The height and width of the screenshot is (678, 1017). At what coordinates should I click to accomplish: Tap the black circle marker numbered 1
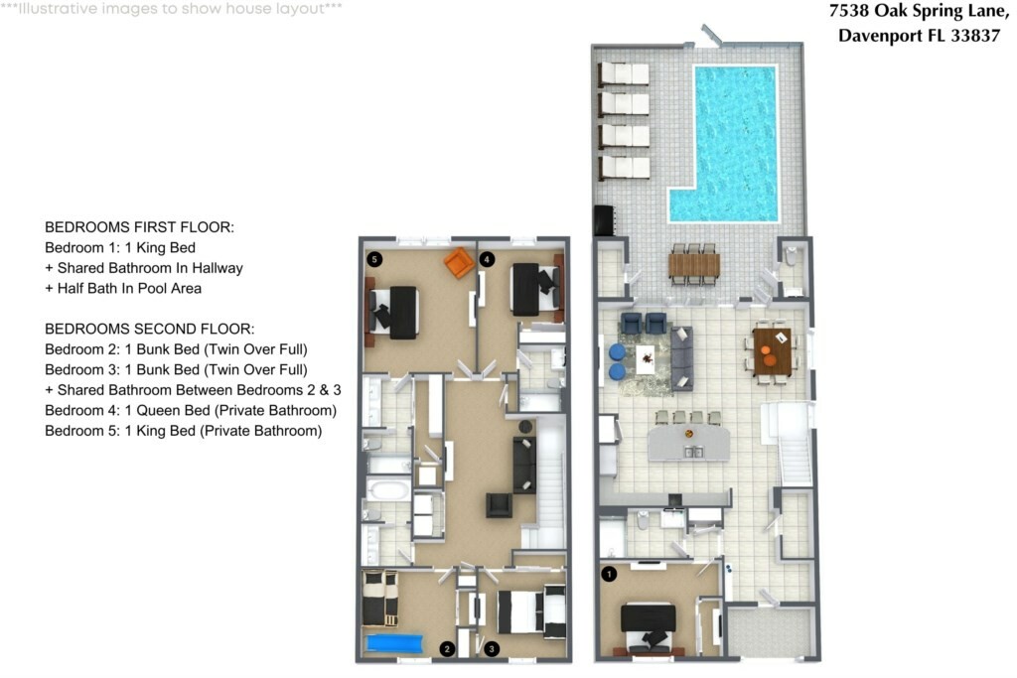(x=609, y=574)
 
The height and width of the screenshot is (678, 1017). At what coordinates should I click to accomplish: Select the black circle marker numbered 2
(x=446, y=649)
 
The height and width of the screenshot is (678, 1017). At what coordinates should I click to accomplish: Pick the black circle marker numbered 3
(x=492, y=649)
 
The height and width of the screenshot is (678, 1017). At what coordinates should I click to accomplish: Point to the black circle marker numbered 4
(x=487, y=259)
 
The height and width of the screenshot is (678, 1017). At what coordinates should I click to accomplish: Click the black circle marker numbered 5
(x=374, y=259)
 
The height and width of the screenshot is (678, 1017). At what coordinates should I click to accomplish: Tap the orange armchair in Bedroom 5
(x=459, y=262)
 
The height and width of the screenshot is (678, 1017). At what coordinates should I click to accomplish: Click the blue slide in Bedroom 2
(x=394, y=643)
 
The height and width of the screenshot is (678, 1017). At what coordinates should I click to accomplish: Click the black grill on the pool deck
(x=603, y=220)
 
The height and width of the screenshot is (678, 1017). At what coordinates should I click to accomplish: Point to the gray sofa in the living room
(x=681, y=358)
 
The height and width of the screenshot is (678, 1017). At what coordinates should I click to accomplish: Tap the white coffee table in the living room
(x=646, y=359)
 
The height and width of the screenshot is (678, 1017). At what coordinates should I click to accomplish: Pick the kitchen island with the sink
(x=689, y=443)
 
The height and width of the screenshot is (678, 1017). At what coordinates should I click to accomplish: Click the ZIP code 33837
(x=975, y=35)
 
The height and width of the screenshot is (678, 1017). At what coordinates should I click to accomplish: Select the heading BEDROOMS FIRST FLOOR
(x=139, y=227)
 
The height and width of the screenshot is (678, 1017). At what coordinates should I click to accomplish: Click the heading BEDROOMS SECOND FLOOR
(x=150, y=330)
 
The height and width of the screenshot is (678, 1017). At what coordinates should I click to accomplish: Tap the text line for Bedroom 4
(x=191, y=410)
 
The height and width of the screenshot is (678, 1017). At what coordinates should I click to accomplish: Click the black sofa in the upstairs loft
(x=524, y=465)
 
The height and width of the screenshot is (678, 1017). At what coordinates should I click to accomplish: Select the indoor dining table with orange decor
(x=772, y=352)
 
